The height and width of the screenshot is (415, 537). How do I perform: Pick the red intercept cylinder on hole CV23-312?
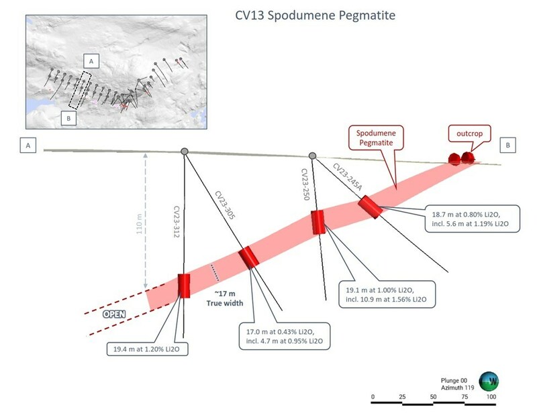coord(184,285)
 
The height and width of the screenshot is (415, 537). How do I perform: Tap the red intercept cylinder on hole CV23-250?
coord(318,222)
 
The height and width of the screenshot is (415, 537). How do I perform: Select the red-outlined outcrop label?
coord(468,133)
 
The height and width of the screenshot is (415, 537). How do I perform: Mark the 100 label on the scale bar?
coord(491,397)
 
